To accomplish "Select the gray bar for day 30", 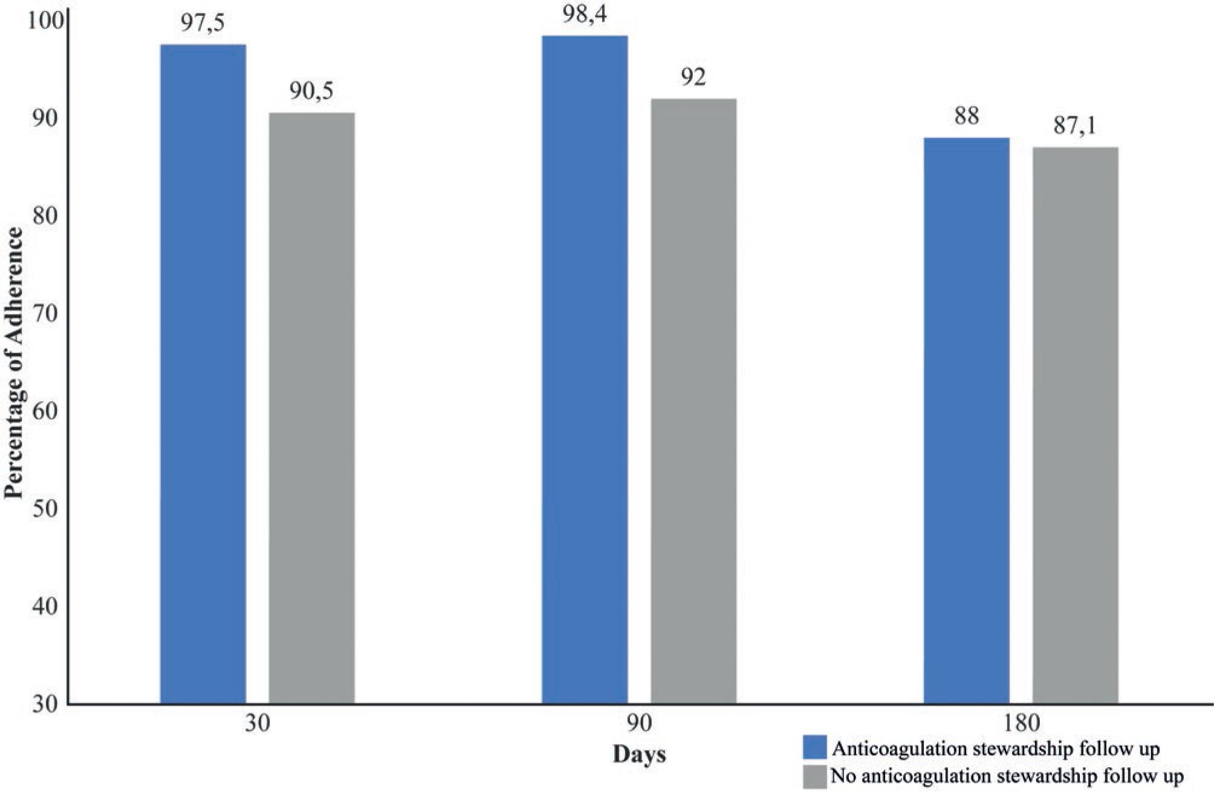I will tap(311, 408).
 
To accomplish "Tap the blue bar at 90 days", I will tap(585, 369).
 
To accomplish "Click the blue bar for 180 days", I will tap(966, 421).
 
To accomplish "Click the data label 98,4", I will tap(584, 15).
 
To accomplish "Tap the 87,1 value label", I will tap(1074, 126).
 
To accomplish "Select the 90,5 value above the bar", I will tap(311, 91).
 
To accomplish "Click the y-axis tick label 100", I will tap(44, 22).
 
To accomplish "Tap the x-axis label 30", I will tap(258, 724).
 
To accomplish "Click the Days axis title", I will tap(639, 754).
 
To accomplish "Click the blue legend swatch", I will tap(814, 747).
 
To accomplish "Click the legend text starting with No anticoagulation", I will tap(1007, 776).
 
